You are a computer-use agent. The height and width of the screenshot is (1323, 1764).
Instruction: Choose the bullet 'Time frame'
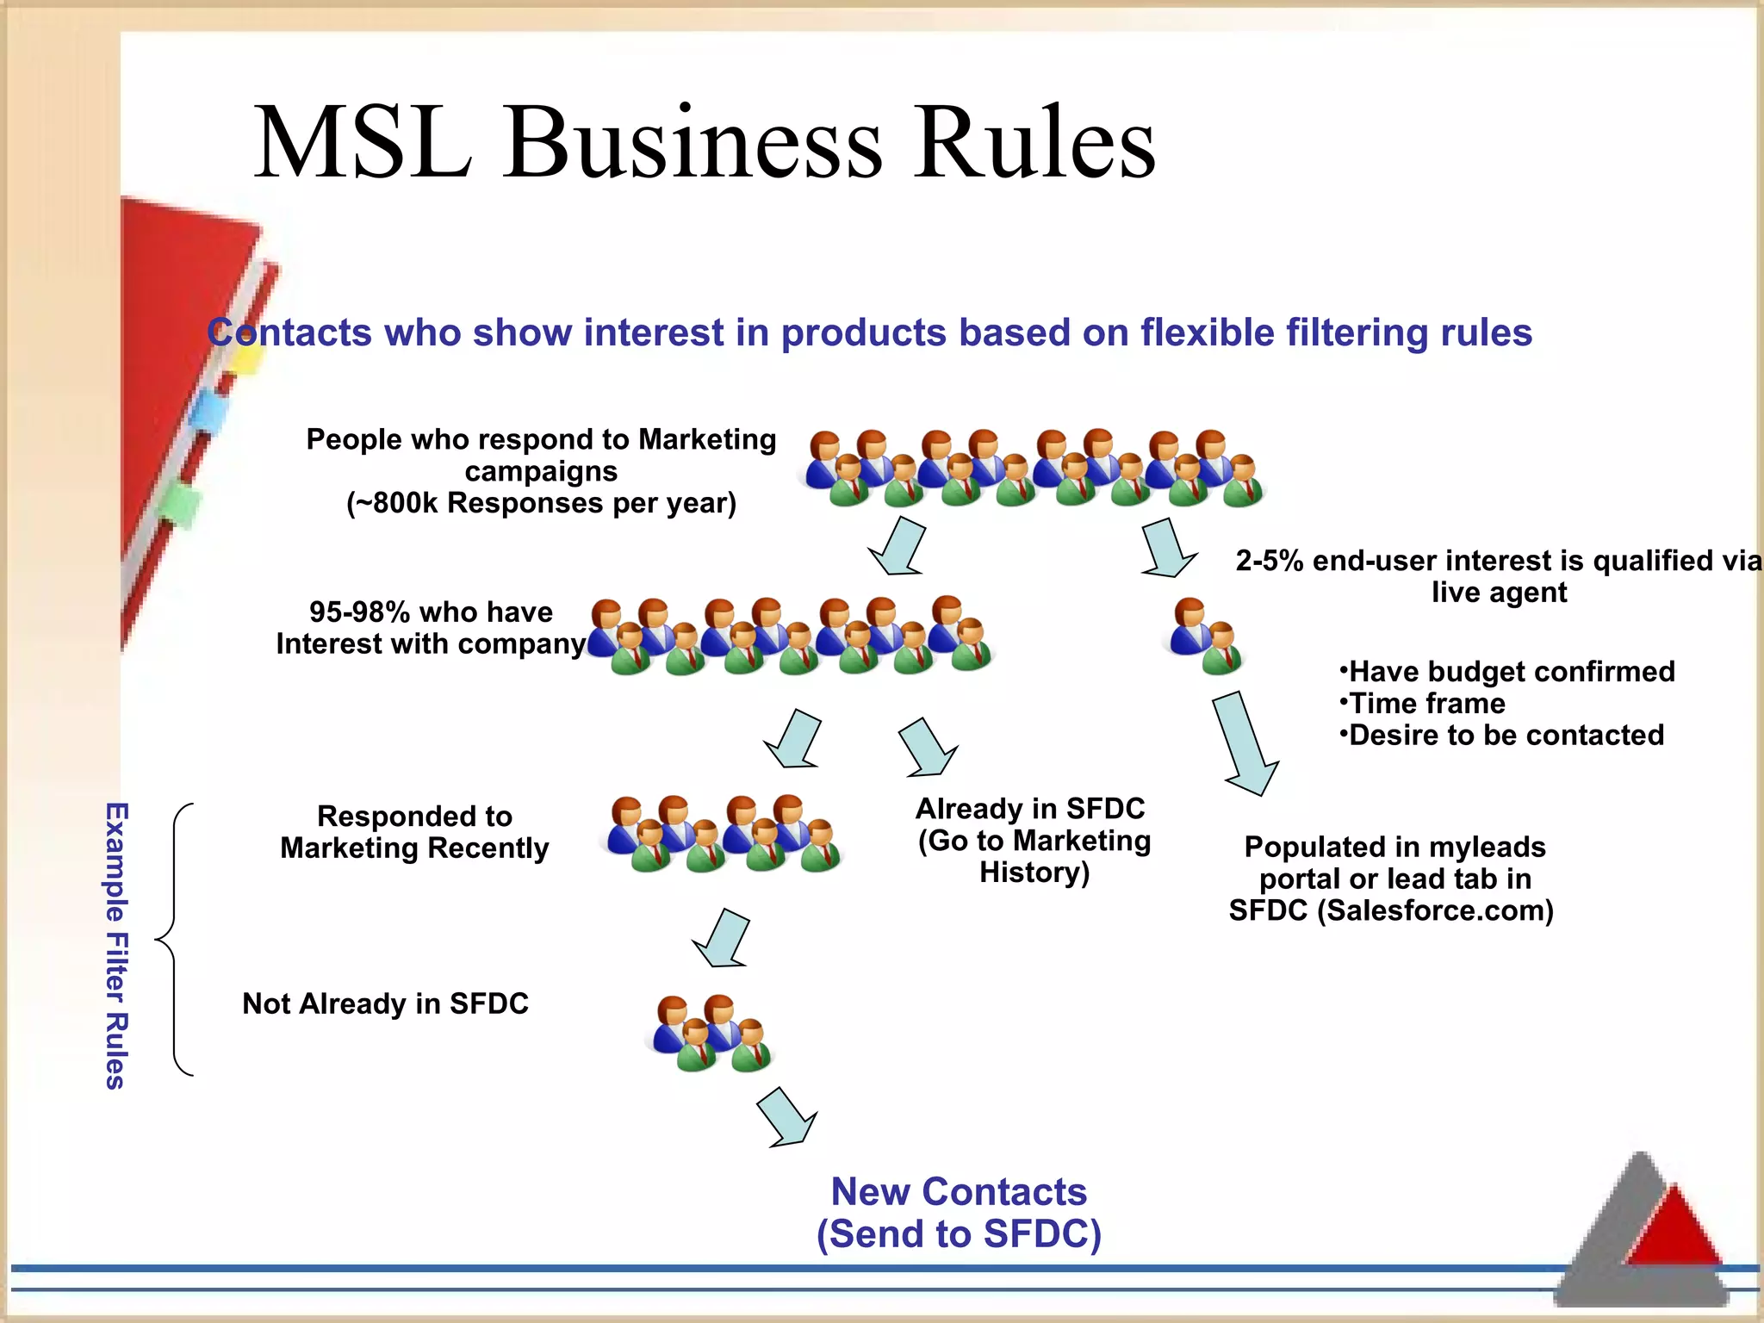[1426, 704]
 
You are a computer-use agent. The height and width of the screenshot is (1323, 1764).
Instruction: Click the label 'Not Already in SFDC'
[385, 1003]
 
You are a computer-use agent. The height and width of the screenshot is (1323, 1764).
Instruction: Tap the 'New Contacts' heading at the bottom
[958, 1192]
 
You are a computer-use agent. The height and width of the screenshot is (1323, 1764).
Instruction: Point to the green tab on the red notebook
[180, 504]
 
